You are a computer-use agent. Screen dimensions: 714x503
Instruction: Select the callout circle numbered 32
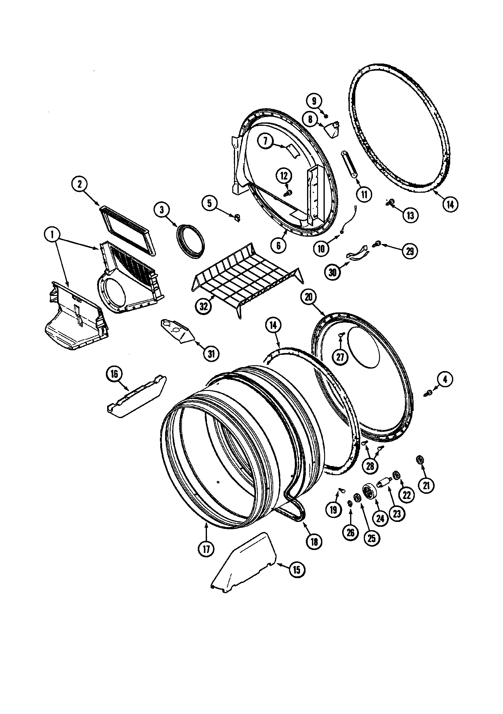tap(204, 306)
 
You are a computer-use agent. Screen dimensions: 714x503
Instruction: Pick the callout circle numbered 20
tap(308, 297)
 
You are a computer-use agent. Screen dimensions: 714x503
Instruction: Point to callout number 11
tap(364, 194)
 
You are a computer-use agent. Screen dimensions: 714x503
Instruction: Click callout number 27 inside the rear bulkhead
tap(340, 357)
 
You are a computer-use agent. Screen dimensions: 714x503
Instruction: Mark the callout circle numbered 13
tap(410, 215)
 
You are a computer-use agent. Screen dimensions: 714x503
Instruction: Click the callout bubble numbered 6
tap(278, 245)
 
